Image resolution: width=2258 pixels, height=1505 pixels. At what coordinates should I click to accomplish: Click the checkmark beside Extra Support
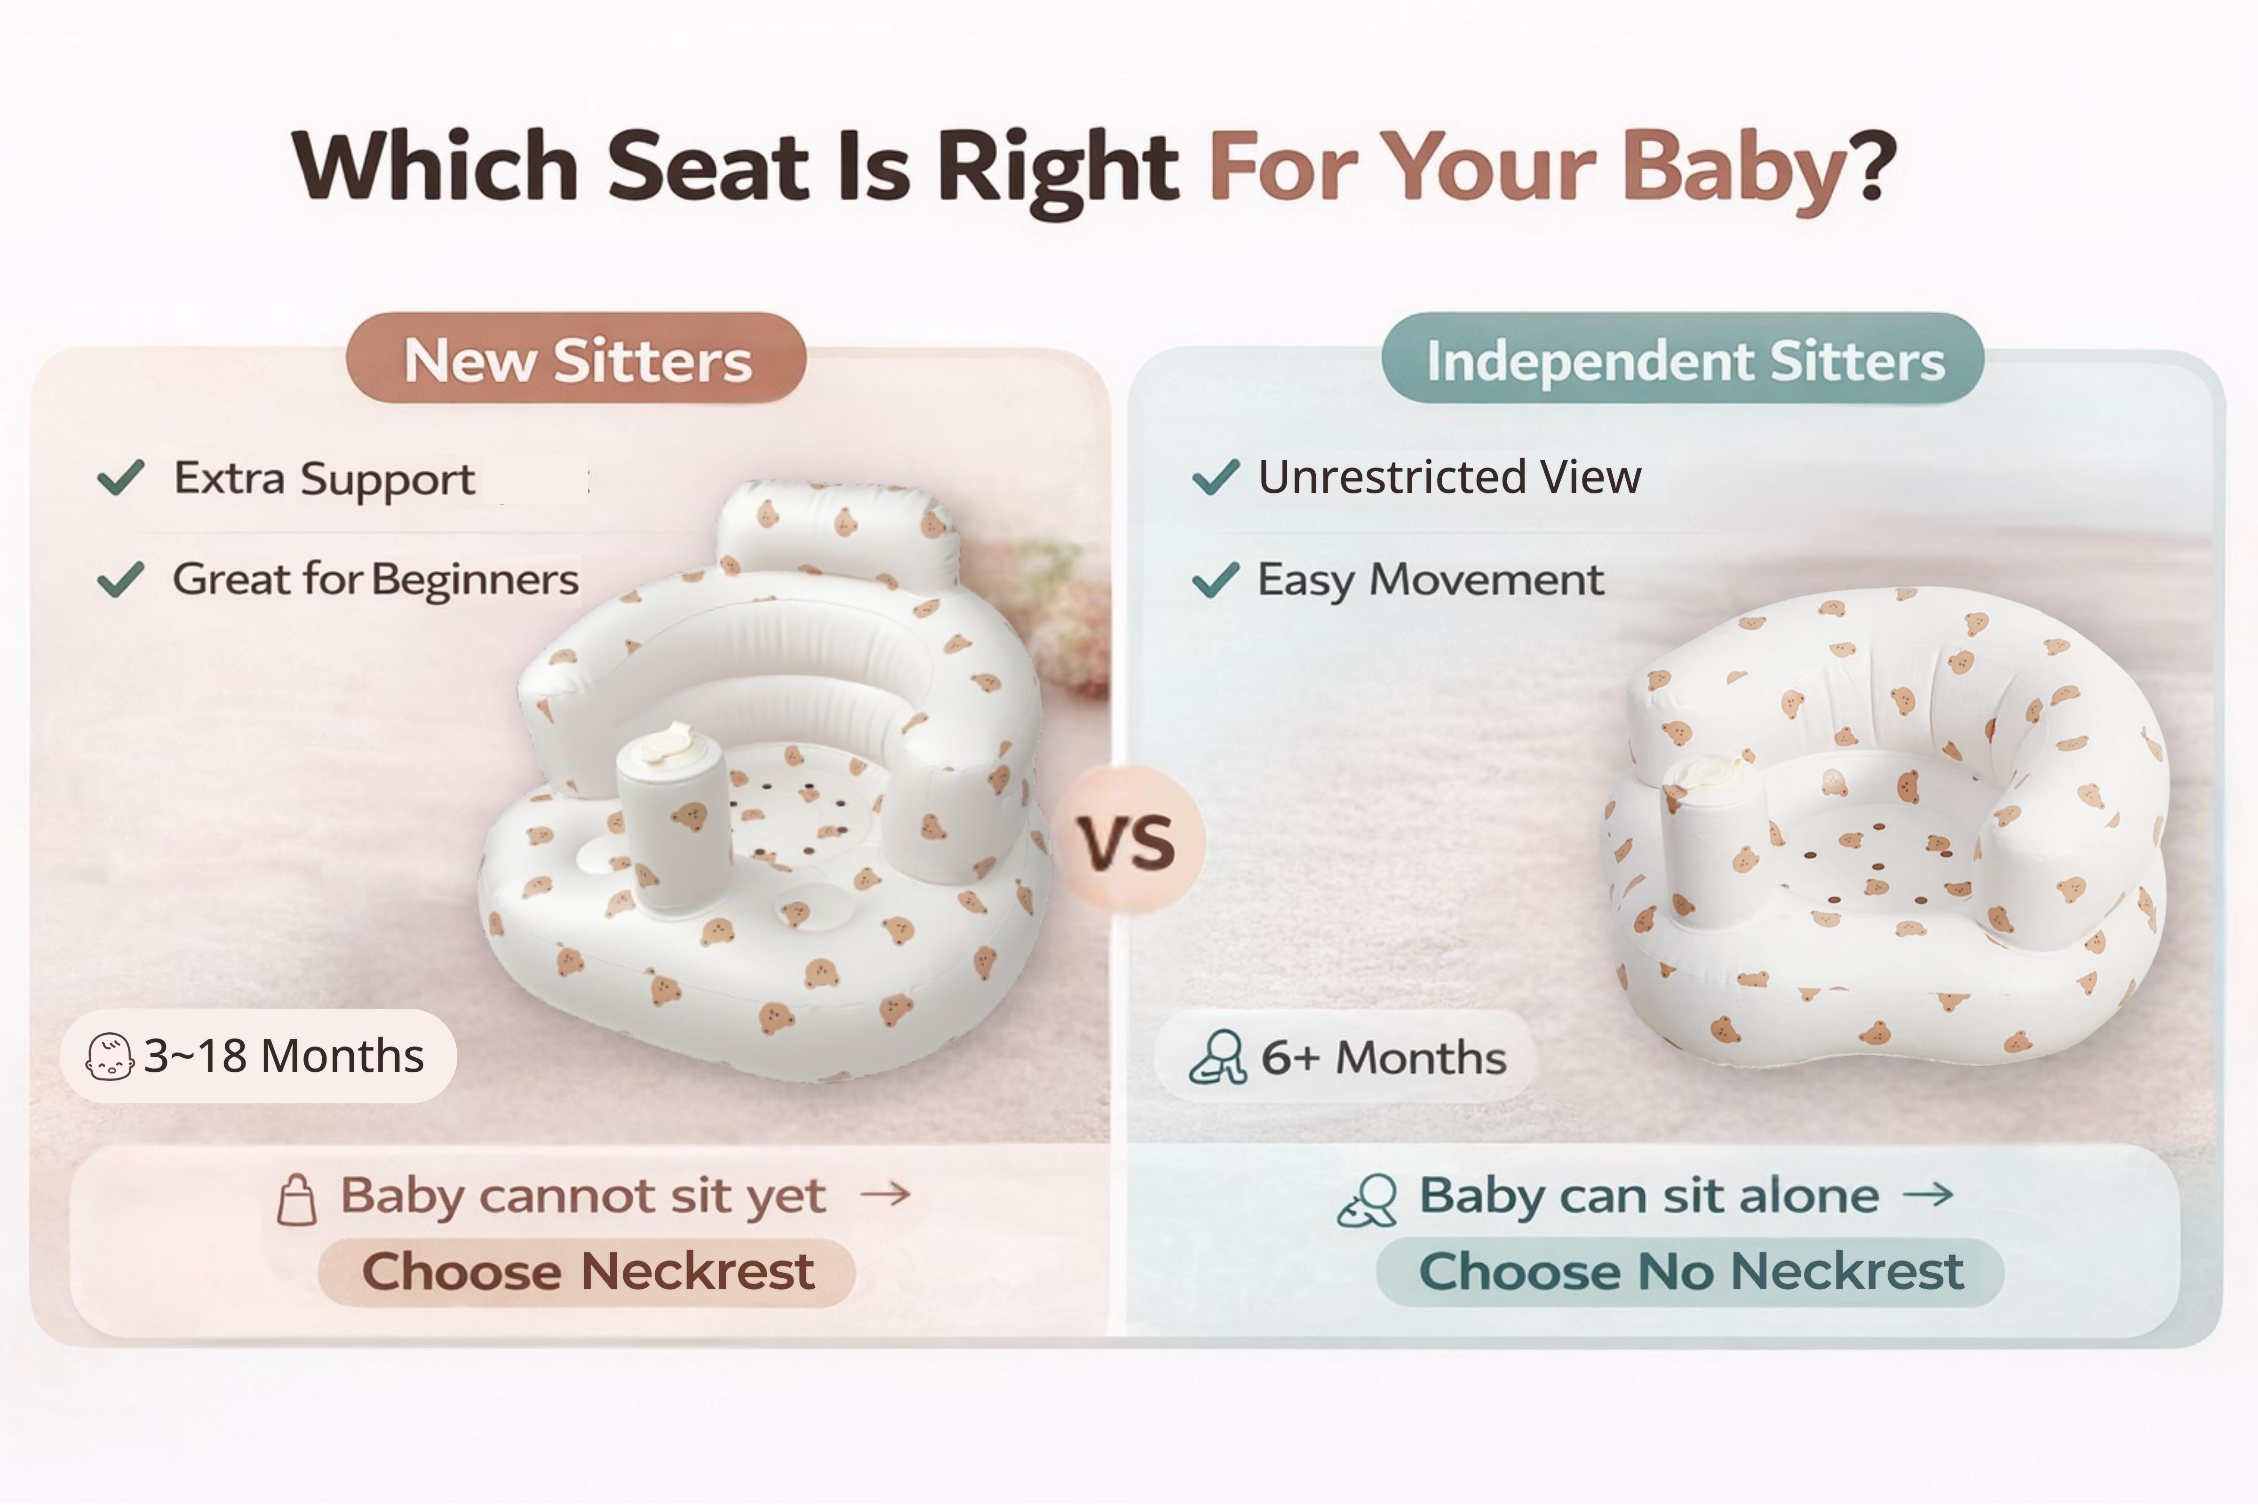coord(121,477)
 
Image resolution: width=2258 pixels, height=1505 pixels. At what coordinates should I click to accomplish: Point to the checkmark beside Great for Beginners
coord(121,579)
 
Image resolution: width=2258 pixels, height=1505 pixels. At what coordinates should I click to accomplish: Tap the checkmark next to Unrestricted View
coord(1216,477)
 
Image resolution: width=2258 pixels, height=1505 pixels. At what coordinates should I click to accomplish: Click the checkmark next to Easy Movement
coord(1216,579)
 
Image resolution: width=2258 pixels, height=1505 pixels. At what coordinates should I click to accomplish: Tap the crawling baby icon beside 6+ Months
coord(1217,1057)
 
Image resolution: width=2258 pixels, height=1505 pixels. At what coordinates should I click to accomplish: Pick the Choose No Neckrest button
coord(1690,1272)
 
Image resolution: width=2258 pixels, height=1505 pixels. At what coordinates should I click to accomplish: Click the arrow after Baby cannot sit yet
coord(885,1194)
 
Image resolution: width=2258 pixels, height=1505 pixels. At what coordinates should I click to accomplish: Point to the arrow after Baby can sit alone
coord(1928,1194)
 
